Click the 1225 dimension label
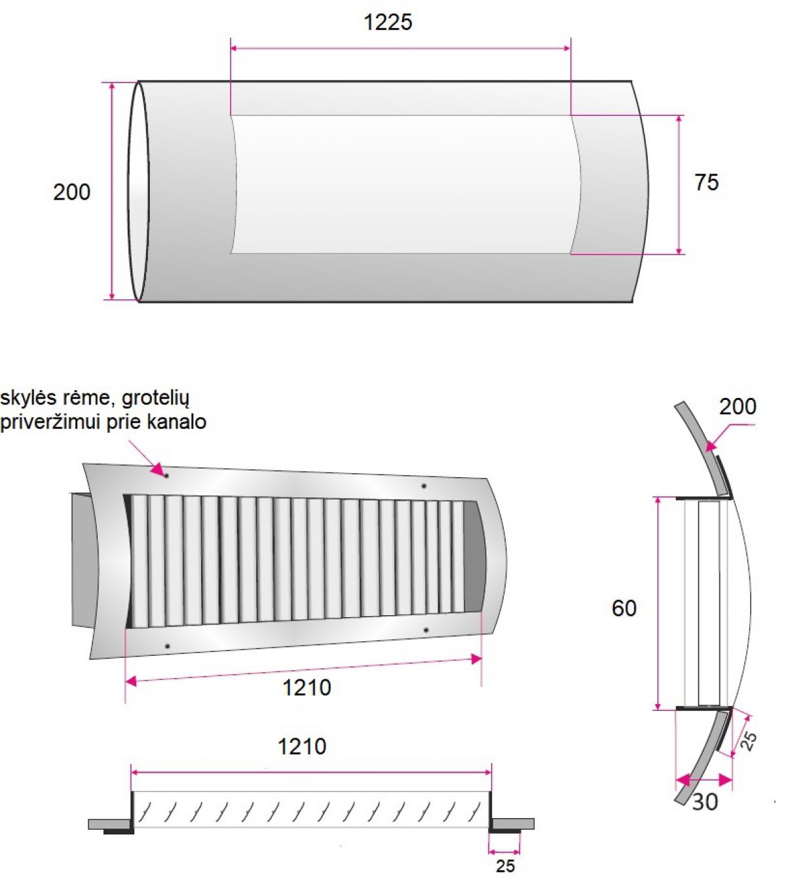tap(388, 22)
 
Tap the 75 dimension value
tap(706, 182)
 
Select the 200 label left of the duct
tap(71, 192)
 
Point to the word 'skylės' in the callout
tap(28, 398)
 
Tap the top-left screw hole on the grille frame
tap(166, 476)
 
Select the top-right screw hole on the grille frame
tap(424, 486)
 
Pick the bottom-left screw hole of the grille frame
tap(167, 646)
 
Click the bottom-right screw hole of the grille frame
tap(426, 630)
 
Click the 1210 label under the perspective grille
tap(307, 687)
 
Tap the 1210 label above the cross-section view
tap(301, 747)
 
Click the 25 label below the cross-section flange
tap(505, 866)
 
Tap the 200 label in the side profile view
tap(738, 406)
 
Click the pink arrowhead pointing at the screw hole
tap(158, 469)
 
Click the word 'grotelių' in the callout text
tap(155, 399)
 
